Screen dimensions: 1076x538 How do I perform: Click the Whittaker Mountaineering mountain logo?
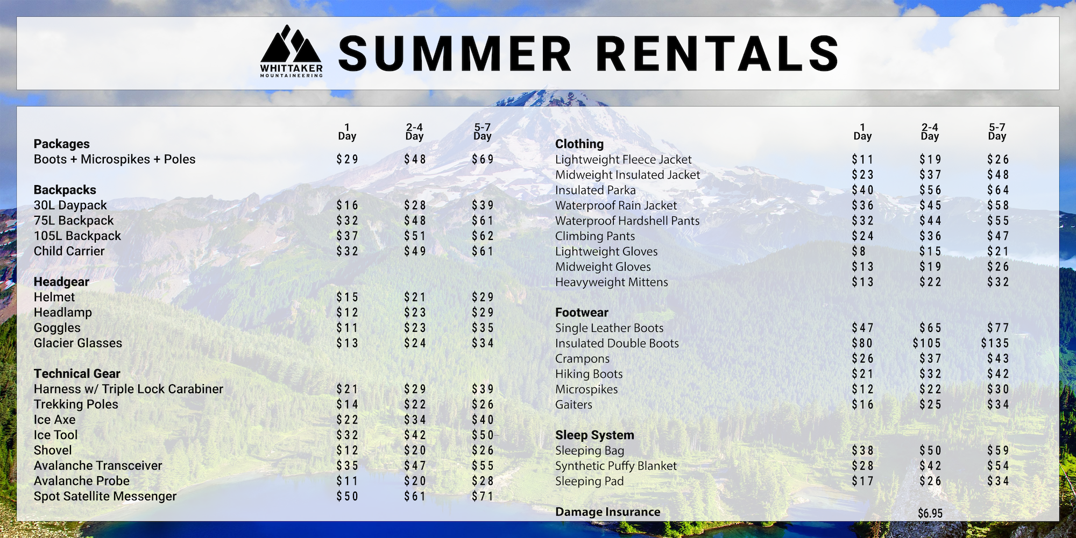coord(291,51)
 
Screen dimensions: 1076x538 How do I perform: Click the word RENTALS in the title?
coord(718,53)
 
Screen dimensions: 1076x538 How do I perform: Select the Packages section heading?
coord(62,144)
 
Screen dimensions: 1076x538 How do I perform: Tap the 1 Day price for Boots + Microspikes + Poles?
coord(347,159)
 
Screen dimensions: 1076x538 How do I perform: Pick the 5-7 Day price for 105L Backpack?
coord(483,236)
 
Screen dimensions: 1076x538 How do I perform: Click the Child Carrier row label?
coord(69,251)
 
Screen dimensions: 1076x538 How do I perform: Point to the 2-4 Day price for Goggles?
coord(415,328)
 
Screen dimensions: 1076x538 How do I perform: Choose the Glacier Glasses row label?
coord(78,343)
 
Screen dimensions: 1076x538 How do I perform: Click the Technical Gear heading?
coord(77,373)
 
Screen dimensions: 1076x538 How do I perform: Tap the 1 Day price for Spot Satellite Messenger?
coord(347,496)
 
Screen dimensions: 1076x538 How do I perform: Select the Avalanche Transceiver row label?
coord(98,466)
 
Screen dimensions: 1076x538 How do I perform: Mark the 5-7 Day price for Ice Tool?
coord(483,435)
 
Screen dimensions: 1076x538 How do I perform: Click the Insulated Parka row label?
coord(596,190)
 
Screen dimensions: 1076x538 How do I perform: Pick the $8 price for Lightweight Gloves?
coord(859,251)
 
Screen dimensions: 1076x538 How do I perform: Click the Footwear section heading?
coord(582,313)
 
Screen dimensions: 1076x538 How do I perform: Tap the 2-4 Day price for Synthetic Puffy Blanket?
coord(930,466)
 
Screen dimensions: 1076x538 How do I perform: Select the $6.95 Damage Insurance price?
coord(930,513)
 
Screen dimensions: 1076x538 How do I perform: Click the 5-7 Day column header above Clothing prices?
coord(997,132)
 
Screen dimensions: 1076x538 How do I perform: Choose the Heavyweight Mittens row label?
coord(612,282)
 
